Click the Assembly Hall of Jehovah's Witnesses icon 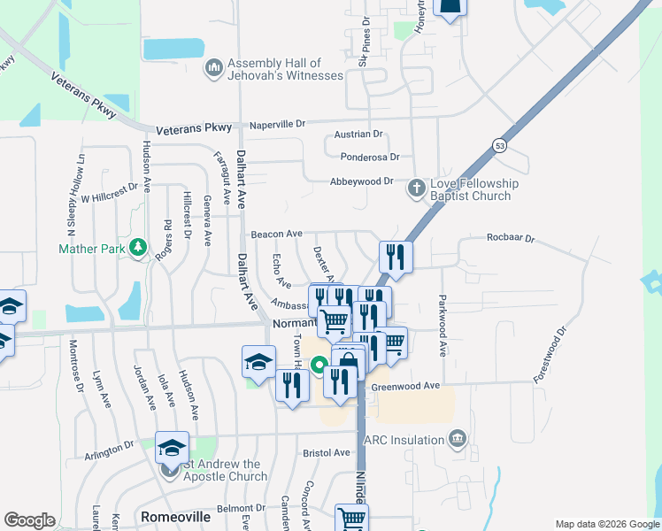(x=214, y=68)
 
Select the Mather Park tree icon (x=137, y=249)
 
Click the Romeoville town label (x=174, y=515)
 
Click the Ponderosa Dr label (x=370, y=157)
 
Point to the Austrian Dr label (x=358, y=135)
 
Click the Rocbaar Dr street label (x=511, y=238)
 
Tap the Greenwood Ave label (x=405, y=386)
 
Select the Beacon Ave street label (x=276, y=234)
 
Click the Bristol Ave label (x=327, y=452)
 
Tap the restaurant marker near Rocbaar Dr (x=396, y=256)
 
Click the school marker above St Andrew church (x=173, y=447)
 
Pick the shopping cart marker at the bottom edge (x=351, y=519)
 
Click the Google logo (x=29, y=520)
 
